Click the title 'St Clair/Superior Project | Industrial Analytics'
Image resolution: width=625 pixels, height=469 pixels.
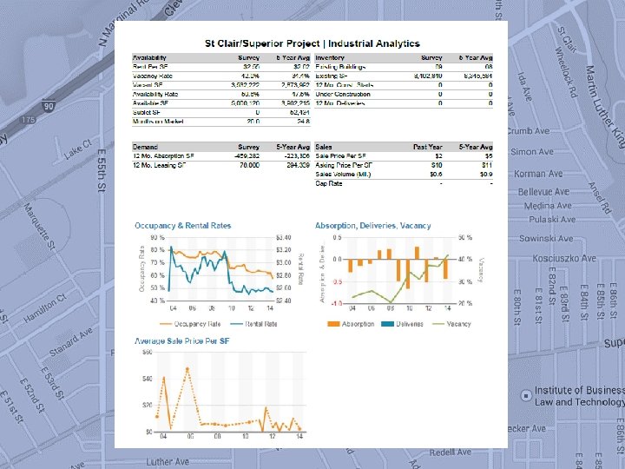pos(312,43)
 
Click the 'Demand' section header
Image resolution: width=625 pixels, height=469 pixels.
pos(146,148)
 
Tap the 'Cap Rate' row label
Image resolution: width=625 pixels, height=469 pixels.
pos(330,184)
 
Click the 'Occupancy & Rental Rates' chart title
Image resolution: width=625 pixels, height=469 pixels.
pos(183,226)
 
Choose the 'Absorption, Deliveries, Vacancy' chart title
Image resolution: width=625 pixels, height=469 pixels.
pos(373,226)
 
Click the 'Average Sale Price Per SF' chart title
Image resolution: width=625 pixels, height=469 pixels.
pos(181,340)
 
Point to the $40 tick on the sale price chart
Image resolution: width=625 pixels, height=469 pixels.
pos(147,379)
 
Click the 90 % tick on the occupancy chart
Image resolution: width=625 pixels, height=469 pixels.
pos(157,237)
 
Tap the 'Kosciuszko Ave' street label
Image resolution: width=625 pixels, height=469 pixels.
pos(564,258)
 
